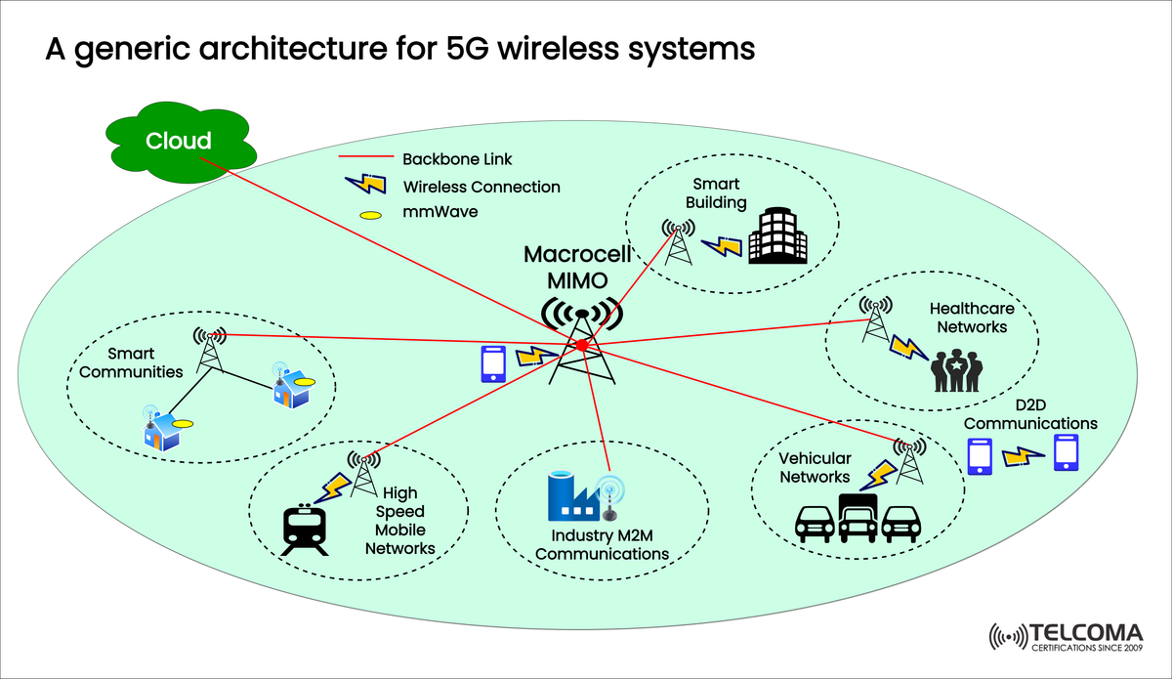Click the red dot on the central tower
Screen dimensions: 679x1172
tap(581, 345)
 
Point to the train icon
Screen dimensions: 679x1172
tap(303, 530)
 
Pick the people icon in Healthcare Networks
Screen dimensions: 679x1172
tap(955, 368)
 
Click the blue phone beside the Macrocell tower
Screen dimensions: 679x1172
tap(493, 361)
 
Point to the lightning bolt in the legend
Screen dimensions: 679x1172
tap(363, 185)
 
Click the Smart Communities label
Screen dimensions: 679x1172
tap(146, 362)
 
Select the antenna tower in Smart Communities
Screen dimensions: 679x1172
tap(208, 349)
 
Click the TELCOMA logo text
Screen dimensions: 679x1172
tap(1085, 630)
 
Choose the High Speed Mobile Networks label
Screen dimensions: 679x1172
tap(399, 521)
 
